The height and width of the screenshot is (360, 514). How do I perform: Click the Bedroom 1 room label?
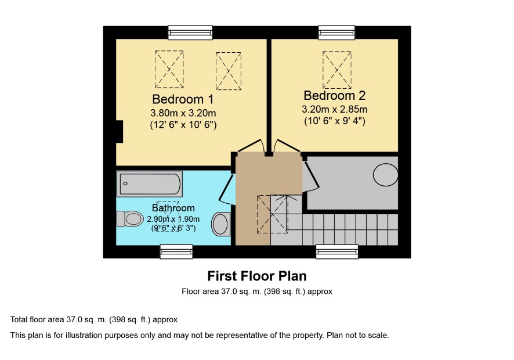183,99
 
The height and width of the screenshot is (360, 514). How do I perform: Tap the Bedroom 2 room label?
334,95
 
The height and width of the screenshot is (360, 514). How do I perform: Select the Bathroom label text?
173,208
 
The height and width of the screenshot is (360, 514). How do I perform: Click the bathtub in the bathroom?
150,183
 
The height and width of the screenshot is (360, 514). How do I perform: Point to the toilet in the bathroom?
130,219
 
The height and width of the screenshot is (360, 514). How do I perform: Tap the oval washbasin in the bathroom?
221,224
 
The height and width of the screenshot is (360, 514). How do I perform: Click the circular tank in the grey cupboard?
385,175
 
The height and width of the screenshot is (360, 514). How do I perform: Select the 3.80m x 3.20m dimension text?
183,113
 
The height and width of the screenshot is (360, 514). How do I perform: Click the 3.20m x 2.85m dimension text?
334,109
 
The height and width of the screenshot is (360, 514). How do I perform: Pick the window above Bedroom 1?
190,33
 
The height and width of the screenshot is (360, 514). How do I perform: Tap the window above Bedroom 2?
336,33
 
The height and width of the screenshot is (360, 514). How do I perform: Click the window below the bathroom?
176,251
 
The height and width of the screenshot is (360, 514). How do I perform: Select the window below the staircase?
337,251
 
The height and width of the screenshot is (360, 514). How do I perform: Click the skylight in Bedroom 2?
337,70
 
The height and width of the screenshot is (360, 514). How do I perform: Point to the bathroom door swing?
227,189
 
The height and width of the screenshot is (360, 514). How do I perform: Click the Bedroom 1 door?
251,146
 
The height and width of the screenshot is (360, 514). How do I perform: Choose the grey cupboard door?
312,175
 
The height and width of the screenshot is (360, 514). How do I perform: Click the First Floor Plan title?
257,276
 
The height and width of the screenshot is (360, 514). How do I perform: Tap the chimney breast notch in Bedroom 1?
120,132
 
